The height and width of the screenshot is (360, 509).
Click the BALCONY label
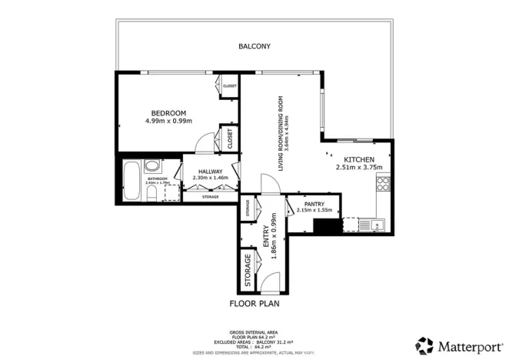coord(254,46)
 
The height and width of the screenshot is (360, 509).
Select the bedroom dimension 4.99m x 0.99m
coord(168,121)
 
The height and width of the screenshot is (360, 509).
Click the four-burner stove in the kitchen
coord(382,182)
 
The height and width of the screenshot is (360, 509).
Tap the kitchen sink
coord(376,225)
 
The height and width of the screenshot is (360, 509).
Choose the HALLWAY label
coord(210,172)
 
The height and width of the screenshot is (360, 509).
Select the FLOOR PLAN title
coord(254,304)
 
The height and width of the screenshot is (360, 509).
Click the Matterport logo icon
coord(424,345)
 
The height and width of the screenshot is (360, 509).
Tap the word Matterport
coord(468,345)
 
